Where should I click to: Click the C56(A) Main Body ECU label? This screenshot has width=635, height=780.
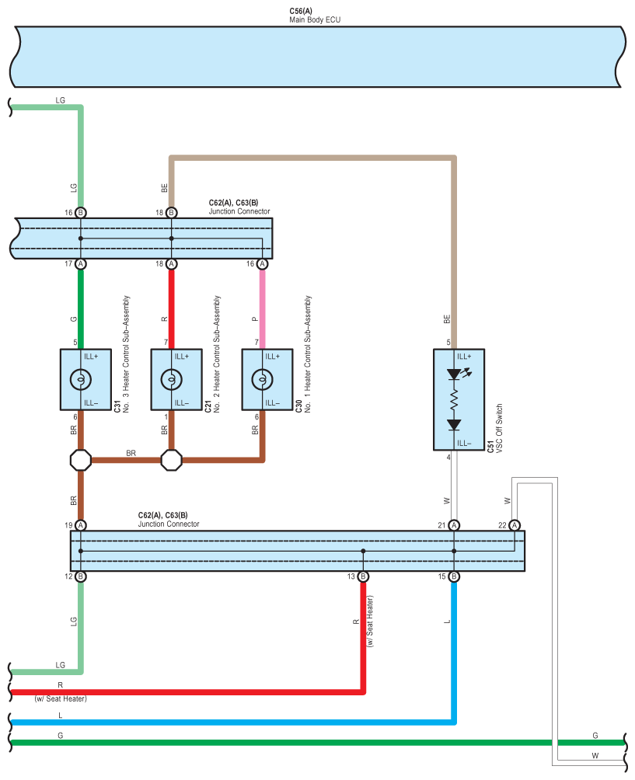[x=315, y=16]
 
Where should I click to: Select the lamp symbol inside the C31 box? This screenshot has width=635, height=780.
[x=81, y=380]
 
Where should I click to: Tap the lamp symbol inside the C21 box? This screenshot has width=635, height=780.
[x=171, y=380]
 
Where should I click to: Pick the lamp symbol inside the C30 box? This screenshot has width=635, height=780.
[x=262, y=380]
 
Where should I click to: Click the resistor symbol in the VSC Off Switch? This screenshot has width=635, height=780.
[x=454, y=400]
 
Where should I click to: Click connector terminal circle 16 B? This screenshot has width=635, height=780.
[x=81, y=212]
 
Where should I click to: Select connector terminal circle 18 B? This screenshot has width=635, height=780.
[x=171, y=212]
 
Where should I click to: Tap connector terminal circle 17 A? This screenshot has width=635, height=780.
[x=81, y=263]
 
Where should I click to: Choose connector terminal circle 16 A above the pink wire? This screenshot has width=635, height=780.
[x=262, y=263]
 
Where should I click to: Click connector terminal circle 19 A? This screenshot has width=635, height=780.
[x=81, y=525]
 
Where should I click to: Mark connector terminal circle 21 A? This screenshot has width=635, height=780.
[x=454, y=525]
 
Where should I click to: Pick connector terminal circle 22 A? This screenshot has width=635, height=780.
[x=515, y=525]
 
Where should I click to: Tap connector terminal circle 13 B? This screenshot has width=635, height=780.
[x=363, y=576]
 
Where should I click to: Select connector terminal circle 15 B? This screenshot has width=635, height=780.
[x=454, y=576]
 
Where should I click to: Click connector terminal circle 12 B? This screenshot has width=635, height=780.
[x=81, y=576]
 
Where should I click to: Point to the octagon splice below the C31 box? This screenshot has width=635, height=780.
[x=81, y=460]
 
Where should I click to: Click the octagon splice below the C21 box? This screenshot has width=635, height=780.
[x=171, y=460]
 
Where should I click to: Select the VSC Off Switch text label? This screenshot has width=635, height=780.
[x=499, y=428]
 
